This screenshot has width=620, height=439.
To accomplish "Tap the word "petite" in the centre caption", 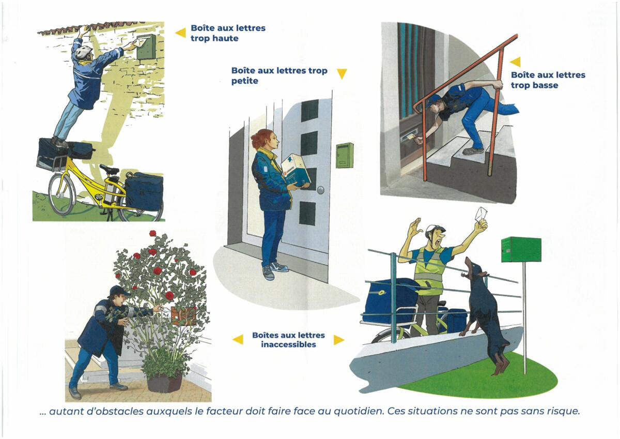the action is coord(245,81).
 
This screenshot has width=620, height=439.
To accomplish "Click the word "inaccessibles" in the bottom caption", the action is coord(288,344).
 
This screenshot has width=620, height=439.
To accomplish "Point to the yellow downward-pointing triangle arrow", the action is coord(342,73).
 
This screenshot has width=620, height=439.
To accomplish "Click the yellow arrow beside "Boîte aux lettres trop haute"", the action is coord(181,33).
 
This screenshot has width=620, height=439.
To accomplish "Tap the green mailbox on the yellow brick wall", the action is coord(145,47).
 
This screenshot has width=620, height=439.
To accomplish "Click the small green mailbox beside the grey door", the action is coord(345,155).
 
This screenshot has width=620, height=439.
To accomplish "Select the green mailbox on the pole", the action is coord(521,249).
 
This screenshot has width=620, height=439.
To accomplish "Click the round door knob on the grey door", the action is coord(320,190).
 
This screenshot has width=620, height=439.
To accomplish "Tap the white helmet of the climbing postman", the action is coord(84,52).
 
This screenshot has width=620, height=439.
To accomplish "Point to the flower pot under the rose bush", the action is coord(164,382).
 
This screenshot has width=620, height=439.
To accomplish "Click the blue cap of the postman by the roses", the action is coord(118,291).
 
